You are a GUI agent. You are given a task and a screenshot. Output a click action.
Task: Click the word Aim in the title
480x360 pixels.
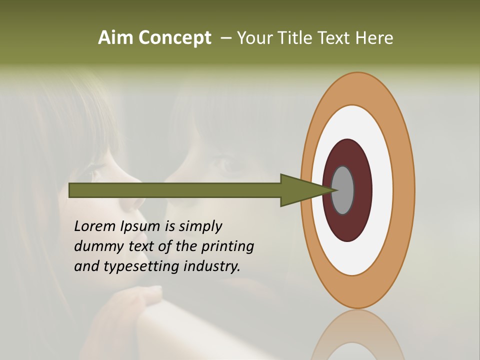tap(116, 38)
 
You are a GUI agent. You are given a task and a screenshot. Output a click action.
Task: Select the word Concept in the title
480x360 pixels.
tap(175, 38)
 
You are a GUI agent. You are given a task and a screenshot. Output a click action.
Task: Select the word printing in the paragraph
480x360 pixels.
tap(227, 246)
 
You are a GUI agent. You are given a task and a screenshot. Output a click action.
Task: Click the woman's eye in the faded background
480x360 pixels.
tap(227, 165)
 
